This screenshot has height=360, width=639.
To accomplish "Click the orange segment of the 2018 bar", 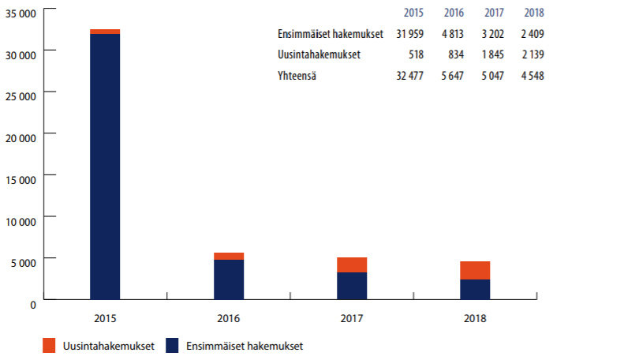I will (x=474, y=270).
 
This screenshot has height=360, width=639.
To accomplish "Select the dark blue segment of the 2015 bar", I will (x=105, y=166).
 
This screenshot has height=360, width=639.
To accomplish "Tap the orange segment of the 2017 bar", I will (x=351, y=264).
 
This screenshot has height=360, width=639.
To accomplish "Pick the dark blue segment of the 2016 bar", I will (x=228, y=279).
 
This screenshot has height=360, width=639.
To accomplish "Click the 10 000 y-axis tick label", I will (x=21, y=220).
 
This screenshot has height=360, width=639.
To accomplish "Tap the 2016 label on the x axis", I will (x=228, y=319).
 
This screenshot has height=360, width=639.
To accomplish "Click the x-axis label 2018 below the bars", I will (x=475, y=319).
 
